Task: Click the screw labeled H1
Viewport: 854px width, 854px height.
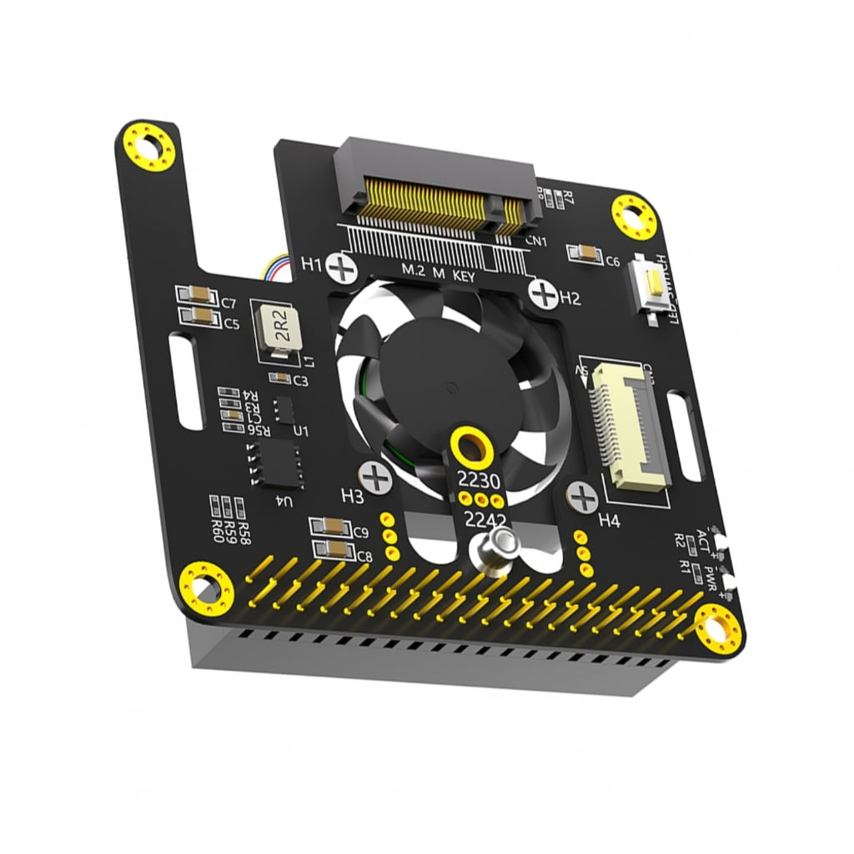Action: tap(342, 268)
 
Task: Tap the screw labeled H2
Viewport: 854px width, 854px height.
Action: tap(544, 294)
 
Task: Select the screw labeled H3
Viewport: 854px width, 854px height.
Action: tap(379, 478)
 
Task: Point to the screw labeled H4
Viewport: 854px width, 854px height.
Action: tap(582, 498)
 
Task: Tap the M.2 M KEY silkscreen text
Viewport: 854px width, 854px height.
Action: tap(438, 272)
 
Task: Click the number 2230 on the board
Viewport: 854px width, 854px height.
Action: tap(480, 480)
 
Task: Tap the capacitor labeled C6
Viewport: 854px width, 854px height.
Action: tap(583, 254)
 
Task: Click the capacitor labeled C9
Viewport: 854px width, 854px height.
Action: tap(329, 527)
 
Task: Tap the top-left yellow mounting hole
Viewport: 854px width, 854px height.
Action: tap(150, 147)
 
